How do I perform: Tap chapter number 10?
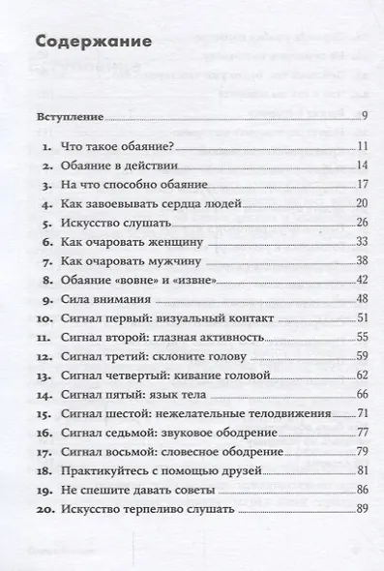44,316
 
